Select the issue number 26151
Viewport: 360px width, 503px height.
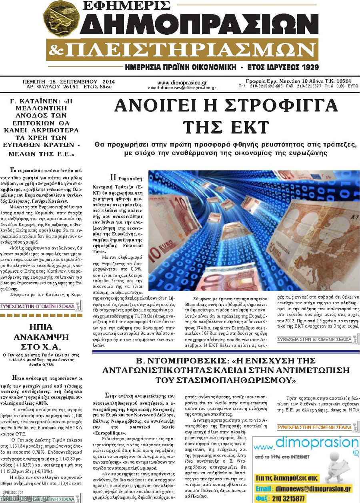(x=68, y=86)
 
